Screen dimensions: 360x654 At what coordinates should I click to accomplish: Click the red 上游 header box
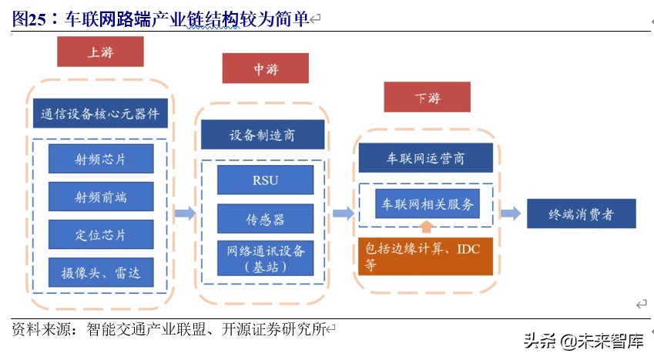(x=100, y=52)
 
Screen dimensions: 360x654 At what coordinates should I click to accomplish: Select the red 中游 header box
(x=265, y=69)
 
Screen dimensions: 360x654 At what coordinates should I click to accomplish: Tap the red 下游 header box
(x=427, y=97)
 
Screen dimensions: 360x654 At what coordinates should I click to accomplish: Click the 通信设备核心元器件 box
(x=100, y=113)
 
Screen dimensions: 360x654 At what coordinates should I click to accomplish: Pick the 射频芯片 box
(x=101, y=159)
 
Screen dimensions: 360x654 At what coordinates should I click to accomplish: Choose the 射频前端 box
(x=101, y=197)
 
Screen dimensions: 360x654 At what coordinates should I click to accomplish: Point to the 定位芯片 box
(x=101, y=234)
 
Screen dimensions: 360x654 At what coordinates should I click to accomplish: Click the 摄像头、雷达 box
(x=101, y=272)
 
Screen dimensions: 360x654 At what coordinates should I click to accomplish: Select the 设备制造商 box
(x=262, y=135)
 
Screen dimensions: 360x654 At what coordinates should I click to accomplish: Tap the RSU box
(x=265, y=180)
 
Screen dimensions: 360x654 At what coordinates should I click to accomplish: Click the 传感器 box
(x=265, y=219)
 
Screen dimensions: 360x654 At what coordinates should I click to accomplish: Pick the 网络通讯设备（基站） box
(x=265, y=258)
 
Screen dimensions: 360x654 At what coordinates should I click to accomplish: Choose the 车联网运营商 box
(x=425, y=157)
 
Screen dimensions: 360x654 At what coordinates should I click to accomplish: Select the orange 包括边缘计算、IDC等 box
(x=425, y=257)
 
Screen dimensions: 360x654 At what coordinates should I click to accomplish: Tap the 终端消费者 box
(x=582, y=214)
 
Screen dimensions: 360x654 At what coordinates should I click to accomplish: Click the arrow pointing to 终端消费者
(x=510, y=214)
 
